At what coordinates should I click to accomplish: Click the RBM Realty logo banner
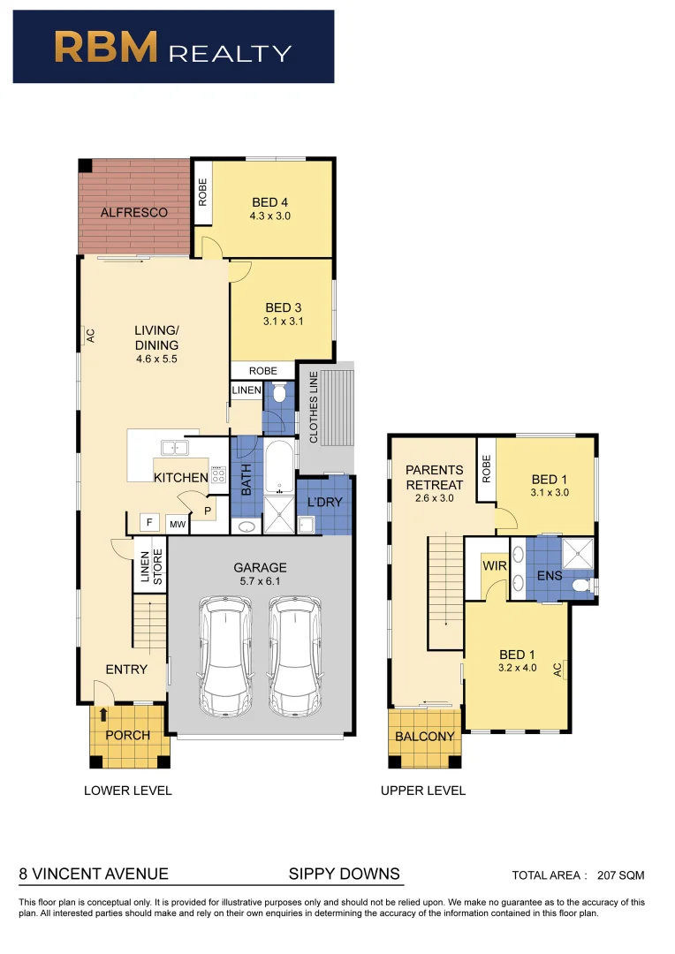pos(173,47)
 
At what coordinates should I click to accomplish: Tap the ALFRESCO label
pos(133,212)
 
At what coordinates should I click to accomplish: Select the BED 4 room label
pos(270,202)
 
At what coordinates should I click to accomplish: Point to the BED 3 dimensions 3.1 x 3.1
pos(283,322)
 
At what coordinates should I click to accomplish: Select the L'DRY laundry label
pos(324,503)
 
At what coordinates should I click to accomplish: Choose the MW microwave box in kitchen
pos(177,524)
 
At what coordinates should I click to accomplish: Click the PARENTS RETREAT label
pos(434,478)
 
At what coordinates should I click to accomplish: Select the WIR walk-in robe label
pos(491,564)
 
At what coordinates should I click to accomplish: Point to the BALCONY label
pos(424,736)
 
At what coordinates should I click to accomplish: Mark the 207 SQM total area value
pos(621,875)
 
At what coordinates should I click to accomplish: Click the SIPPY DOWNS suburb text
pos(345,874)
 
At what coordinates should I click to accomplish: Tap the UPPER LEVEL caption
pos(422,791)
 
